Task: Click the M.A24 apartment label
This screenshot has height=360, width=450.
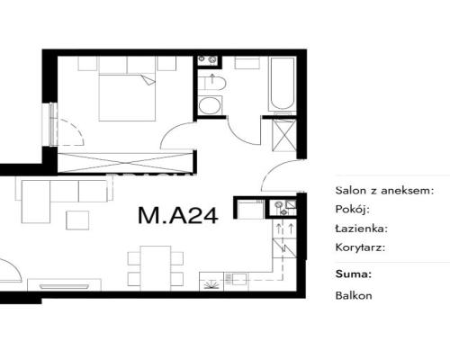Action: click(x=178, y=215)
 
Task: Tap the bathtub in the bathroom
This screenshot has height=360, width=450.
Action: click(x=282, y=84)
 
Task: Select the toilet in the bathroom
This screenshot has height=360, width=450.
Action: click(x=211, y=83)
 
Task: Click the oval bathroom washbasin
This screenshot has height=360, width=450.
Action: click(x=210, y=105)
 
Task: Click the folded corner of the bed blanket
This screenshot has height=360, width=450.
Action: click(x=148, y=80)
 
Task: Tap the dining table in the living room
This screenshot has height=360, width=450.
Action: click(x=156, y=268)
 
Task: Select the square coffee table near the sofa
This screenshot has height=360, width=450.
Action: click(x=77, y=220)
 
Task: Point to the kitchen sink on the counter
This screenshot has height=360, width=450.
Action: click(x=236, y=279)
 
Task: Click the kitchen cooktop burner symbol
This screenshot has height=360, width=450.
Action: click(x=211, y=283)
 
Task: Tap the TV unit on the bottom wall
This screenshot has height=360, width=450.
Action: click(x=64, y=285)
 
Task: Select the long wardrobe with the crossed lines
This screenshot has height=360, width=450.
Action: click(x=125, y=163)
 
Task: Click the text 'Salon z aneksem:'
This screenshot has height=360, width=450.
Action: click(x=384, y=190)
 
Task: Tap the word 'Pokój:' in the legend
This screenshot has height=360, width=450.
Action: click(x=352, y=209)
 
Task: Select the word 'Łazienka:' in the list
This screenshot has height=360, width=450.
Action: click(x=362, y=229)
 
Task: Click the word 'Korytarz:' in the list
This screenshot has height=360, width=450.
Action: click(x=360, y=247)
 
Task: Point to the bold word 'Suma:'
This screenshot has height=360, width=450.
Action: click(x=354, y=274)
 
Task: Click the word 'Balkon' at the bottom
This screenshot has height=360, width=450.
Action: click(x=354, y=295)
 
